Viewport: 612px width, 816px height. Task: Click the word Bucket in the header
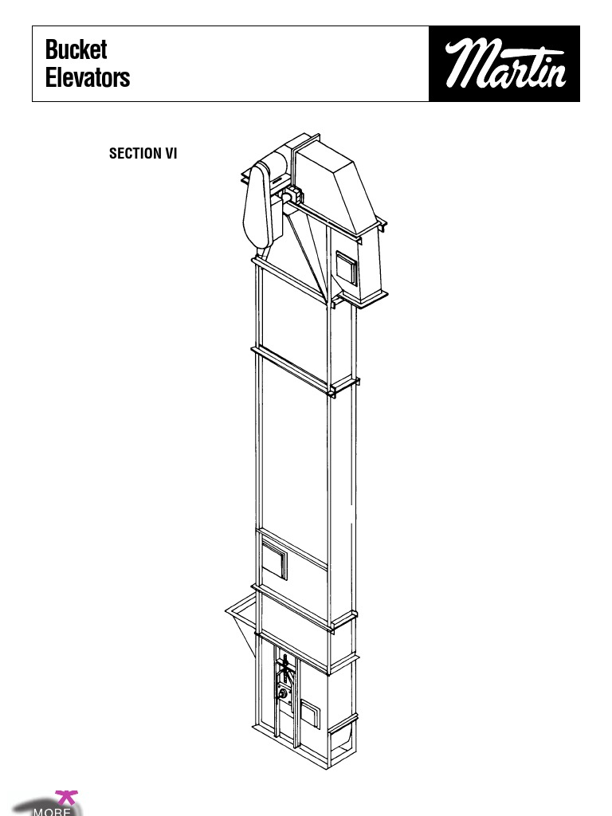pyautogui.click(x=76, y=49)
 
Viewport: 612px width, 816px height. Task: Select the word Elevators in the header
pyautogui.click(x=88, y=78)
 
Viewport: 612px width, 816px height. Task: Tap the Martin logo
pyautogui.click(x=504, y=64)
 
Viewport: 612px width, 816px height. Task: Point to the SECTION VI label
pyautogui.click(x=143, y=154)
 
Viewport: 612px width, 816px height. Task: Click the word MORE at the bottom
pyautogui.click(x=52, y=811)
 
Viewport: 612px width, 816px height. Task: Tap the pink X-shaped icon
pyautogui.click(x=66, y=796)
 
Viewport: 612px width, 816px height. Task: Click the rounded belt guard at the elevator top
pyautogui.click(x=262, y=205)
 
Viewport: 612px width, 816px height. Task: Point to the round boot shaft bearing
pyautogui.click(x=282, y=694)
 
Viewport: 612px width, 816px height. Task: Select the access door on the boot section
pyautogui.click(x=311, y=712)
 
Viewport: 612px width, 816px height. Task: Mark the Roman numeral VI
pyautogui.click(x=171, y=154)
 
